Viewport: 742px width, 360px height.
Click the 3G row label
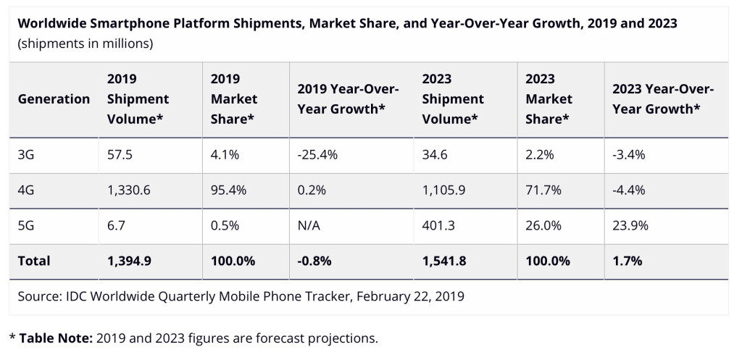(x=27, y=155)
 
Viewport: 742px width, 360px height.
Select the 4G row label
(x=27, y=190)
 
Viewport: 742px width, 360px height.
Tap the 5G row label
(x=27, y=225)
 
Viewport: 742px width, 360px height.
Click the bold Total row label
(x=34, y=260)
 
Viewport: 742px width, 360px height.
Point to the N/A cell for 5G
(x=309, y=225)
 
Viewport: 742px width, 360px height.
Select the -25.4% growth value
(x=318, y=155)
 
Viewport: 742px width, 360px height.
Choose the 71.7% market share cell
(x=543, y=190)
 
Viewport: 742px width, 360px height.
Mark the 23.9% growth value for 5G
(x=630, y=225)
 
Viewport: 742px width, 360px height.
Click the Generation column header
(x=54, y=99)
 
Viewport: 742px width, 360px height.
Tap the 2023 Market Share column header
(x=549, y=99)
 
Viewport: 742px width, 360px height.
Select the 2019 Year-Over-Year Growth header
(x=348, y=99)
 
